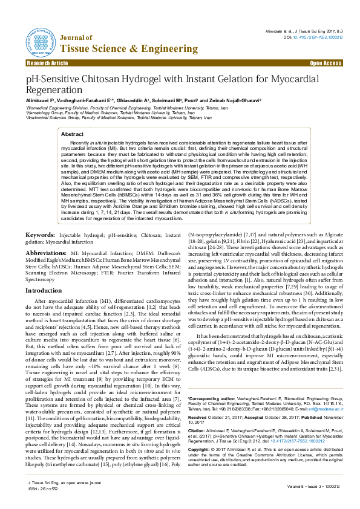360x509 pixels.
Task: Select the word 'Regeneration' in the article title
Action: point(55,89)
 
